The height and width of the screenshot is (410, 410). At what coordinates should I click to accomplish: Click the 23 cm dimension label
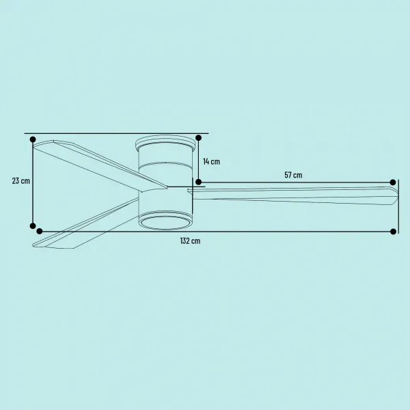pos(21,180)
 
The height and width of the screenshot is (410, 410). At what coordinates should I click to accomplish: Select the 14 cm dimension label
pos(212,161)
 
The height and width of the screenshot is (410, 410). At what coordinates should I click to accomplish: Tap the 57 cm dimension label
pos(293,175)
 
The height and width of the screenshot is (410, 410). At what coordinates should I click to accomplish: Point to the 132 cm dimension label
pos(191,241)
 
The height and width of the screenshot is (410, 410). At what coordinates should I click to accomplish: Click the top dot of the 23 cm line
pos(33,139)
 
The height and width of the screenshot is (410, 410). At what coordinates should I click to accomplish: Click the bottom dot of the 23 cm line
pos(33,226)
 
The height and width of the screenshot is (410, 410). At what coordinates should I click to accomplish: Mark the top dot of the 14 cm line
pos(198,138)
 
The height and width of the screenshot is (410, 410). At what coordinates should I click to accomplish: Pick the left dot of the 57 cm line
pos(198,182)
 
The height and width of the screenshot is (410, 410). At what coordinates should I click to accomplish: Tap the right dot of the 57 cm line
pos(393,182)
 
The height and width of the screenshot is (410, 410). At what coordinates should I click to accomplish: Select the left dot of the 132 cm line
pos(40,231)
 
